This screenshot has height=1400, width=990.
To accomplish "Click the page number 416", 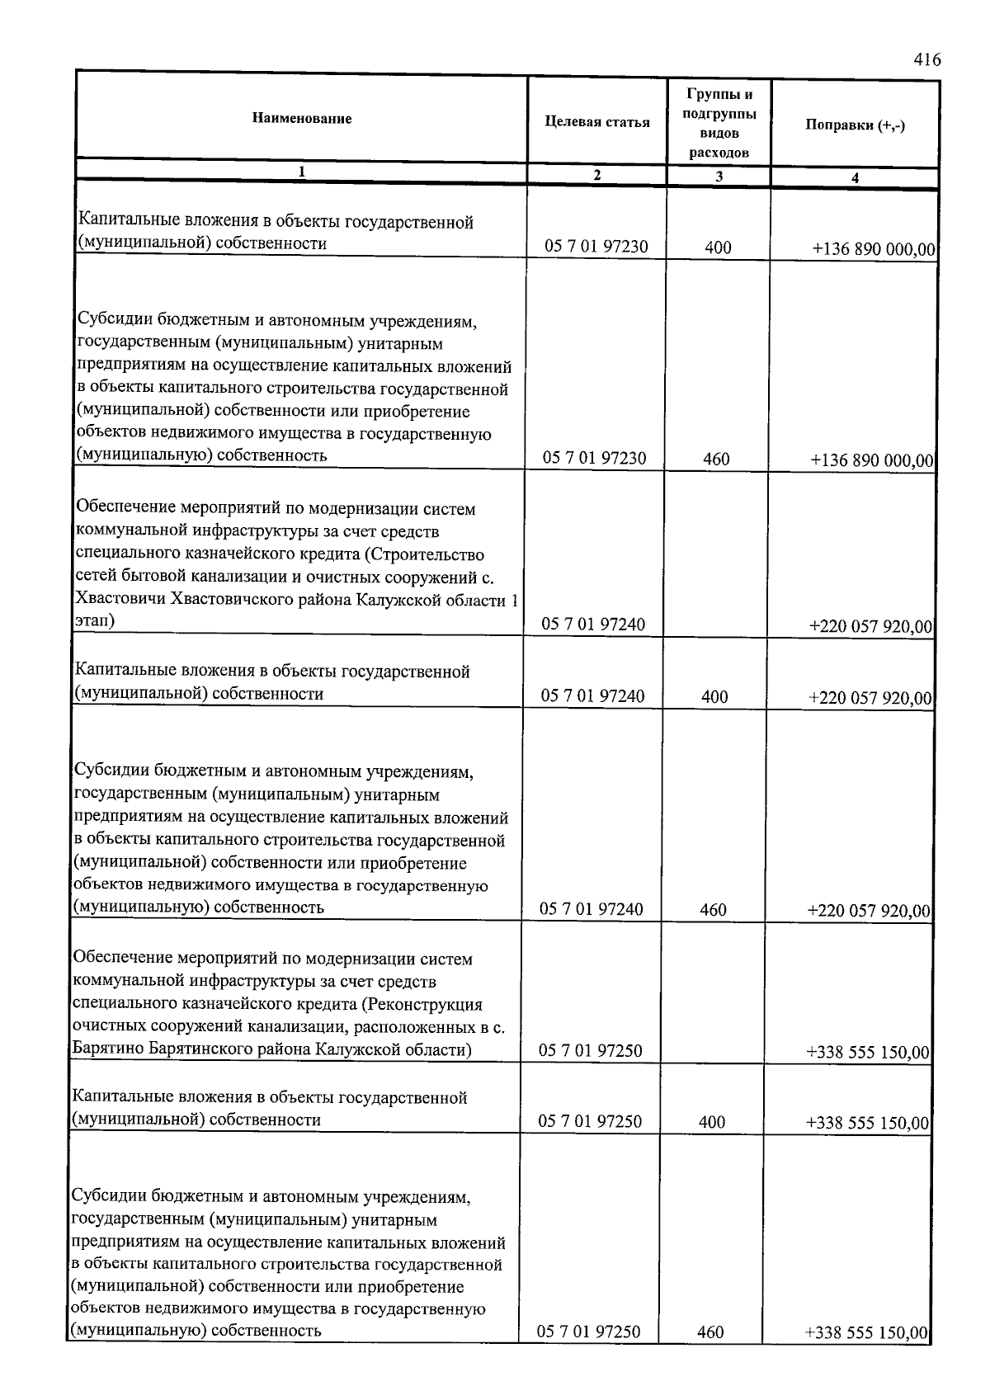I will pyautogui.click(x=927, y=60).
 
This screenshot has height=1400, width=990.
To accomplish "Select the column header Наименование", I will pyautogui.click(x=302, y=119).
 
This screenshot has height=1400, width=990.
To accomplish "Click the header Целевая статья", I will pyautogui.click(x=597, y=123).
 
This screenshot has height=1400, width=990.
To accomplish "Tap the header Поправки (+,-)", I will pyautogui.click(x=856, y=126).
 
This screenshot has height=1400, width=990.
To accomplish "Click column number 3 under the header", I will pyautogui.click(x=719, y=177).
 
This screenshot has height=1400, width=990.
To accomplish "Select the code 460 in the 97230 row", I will pyautogui.click(x=716, y=460).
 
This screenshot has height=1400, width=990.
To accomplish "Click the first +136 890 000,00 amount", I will pyautogui.click(x=874, y=249).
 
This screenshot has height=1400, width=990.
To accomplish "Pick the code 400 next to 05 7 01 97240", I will pyautogui.click(x=714, y=697).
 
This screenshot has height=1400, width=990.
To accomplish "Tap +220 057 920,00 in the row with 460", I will pyautogui.click(x=870, y=912).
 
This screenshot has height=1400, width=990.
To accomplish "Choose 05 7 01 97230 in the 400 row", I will pyautogui.click(x=595, y=247).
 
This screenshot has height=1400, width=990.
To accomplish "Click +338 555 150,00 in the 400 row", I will pyautogui.click(x=868, y=1123).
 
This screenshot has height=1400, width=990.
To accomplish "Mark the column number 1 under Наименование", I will pyautogui.click(x=302, y=172).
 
